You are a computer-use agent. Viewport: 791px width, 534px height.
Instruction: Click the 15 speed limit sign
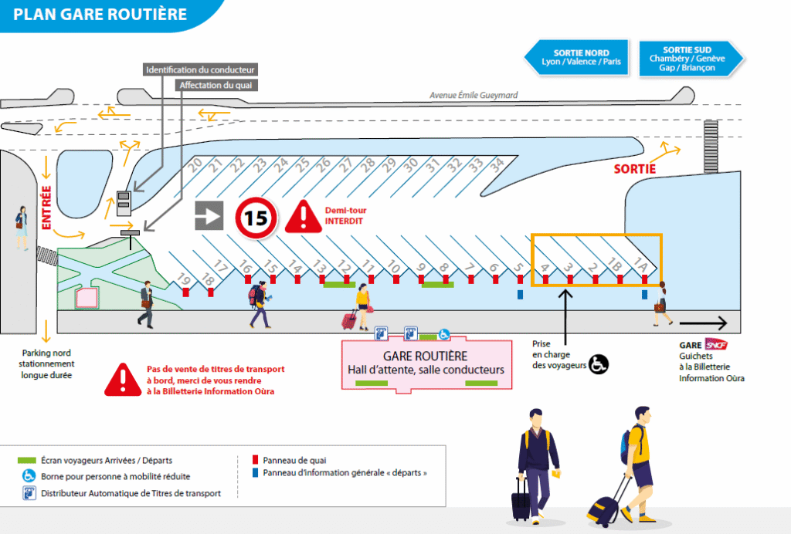click(x=256, y=218)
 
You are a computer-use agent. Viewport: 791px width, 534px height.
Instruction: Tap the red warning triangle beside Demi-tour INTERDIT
click(x=304, y=218)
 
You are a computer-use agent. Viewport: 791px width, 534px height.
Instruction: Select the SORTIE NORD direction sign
click(x=575, y=57)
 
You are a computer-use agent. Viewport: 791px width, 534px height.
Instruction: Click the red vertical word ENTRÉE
click(x=46, y=208)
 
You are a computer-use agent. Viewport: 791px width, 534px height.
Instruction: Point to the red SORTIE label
click(x=635, y=168)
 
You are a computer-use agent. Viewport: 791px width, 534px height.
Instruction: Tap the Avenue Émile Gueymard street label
click(x=474, y=96)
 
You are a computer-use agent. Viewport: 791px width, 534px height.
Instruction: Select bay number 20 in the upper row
click(x=195, y=164)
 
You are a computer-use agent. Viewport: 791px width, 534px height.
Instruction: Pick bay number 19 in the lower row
click(x=184, y=279)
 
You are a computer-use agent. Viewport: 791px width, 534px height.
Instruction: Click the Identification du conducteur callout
click(x=200, y=70)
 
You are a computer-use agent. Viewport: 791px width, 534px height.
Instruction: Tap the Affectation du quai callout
click(x=219, y=85)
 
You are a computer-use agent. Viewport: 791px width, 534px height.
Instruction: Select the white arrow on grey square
click(x=208, y=216)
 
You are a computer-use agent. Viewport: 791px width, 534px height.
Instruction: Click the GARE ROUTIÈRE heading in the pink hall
click(x=426, y=356)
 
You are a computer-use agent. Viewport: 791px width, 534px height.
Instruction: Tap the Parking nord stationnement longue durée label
click(x=48, y=363)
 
